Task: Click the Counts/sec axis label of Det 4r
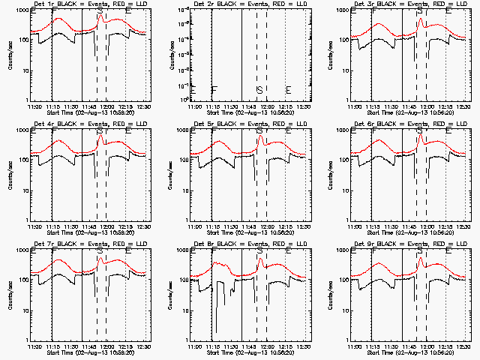click(11, 175)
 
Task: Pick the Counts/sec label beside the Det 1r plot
click(11, 55)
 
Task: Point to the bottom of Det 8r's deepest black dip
click(216, 332)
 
